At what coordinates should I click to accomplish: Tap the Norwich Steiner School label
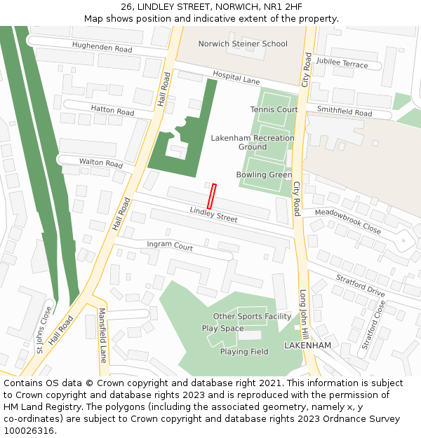(243, 44)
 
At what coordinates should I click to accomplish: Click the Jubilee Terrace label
(342, 64)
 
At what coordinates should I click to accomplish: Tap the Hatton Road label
(112, 111)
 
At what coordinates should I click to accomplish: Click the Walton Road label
(101, 163)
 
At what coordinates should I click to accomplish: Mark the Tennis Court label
(274, 110)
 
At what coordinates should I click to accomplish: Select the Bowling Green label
(264, 175)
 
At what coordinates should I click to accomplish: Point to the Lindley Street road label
(213, 214)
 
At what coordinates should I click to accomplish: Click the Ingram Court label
(170, 247)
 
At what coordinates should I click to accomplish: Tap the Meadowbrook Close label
(347, 221)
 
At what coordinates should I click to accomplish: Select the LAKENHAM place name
(307, 346)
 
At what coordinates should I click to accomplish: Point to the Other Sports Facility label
(252, 317)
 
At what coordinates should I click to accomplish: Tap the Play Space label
(222, 329)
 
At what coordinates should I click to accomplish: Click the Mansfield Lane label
(102, 336)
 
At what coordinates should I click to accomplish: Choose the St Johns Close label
(44, 329)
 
